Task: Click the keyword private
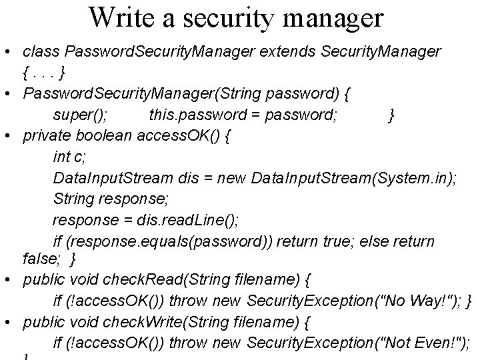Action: [46, 137]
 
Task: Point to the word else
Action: [373, 241]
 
